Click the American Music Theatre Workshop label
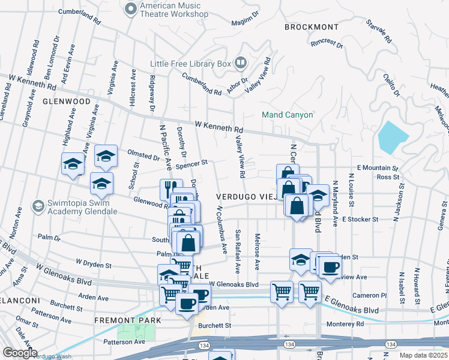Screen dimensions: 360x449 coord(173,10)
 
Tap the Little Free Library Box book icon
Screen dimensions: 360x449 coord(241,63)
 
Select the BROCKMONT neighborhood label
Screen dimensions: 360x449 coord(311,27)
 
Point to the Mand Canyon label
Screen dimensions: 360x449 coord(287,115)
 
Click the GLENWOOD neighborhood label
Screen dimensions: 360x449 coord(66,101)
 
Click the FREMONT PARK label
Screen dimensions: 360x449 coord(127,320)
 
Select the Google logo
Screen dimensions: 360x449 coord(19,353)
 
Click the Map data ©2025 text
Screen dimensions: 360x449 coord(423,355)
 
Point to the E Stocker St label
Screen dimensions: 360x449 coord(360,220)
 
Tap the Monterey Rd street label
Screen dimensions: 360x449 coord(345,324)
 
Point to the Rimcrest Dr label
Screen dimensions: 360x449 coord(327,44)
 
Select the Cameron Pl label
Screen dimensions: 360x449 coord(370,295)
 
